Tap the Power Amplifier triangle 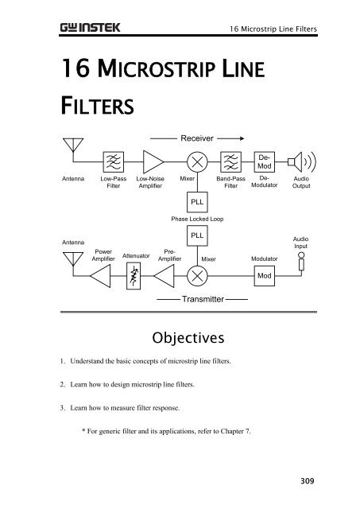click(101, 276)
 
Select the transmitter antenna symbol click(73, 259)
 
